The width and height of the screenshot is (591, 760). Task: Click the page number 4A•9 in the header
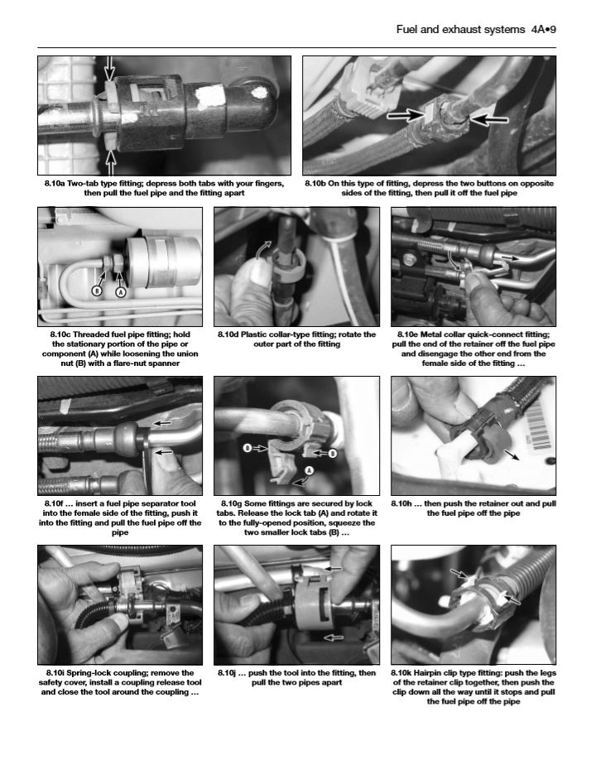[543, 30]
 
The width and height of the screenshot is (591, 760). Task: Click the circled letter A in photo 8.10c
[120, 291]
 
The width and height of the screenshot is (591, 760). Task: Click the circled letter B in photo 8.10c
[97, 291]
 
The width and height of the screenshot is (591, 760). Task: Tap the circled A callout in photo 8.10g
[309, 470]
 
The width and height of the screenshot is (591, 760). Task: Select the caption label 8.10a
[55, 184]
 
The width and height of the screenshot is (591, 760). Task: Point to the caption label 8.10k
[401, 673]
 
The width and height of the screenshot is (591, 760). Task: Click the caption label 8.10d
[228, 334]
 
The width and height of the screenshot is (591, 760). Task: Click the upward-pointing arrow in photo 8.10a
[111, 163]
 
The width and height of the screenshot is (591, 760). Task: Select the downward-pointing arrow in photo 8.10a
[110, 69]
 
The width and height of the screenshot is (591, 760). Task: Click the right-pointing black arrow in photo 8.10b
[406, 115]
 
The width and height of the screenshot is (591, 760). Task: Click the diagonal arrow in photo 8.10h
[512, 455]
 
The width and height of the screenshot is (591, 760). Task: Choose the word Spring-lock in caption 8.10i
[89, 673]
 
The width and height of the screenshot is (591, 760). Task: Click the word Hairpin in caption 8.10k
[430, 673]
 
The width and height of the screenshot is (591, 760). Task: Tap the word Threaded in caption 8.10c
[91, 334]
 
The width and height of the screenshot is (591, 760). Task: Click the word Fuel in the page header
[407, 30]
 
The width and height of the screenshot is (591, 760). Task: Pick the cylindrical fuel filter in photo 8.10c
[163, 262]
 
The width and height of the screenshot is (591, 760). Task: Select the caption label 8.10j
[227, 673]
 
